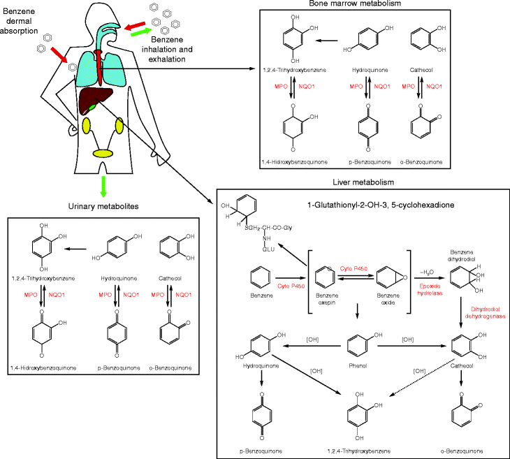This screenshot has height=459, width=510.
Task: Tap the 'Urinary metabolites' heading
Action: click(x=103, y=207)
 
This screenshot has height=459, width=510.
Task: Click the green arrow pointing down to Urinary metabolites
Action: click(x=103, y=186)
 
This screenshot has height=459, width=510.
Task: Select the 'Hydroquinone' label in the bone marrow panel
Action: click(x=370, y=71)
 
